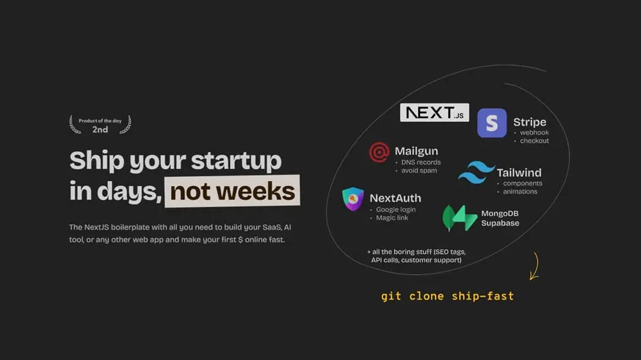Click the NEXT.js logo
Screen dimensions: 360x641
pos(434,113)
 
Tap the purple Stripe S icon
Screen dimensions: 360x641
pos(492,123)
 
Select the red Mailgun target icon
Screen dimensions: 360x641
pos(379,152)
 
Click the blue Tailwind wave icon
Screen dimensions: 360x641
pos(476,173)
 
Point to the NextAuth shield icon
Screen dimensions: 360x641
pos(353,199)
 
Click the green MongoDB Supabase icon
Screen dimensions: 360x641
pos(460,218)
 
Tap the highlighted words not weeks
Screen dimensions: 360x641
pos(233,192)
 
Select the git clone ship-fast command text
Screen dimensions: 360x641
pos(447,296)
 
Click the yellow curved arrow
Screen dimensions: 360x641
pos(534,267)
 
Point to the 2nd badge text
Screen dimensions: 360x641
pos(100,130)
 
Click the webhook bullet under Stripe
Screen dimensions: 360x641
pos(534,132)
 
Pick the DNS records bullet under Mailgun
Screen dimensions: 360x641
pos(421,162)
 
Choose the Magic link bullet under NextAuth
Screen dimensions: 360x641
pos(392,218)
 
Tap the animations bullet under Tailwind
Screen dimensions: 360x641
pos(520,192)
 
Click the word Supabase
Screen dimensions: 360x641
pos(500,223)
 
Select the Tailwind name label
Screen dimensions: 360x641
pos(519,173)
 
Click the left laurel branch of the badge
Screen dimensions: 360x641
pos(75,125)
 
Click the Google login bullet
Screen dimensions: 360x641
pos(395,209)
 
